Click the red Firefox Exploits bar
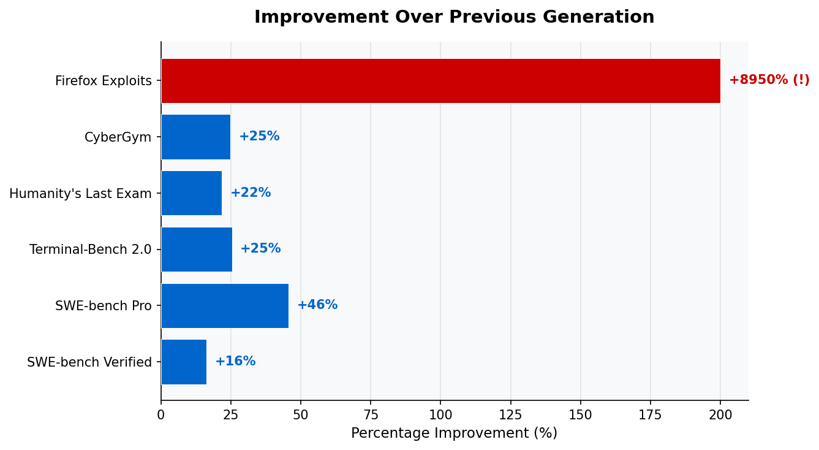click(440, 81)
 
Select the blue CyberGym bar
click(196, 137)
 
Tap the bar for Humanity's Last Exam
click(192, 193)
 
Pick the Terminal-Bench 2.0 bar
click(197, 249)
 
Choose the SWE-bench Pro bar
click(225, 305)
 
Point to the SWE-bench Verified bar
click(184, 362)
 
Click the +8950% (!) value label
click(769, 80)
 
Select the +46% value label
click(317, 305)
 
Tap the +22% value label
click(251, 193)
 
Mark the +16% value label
click(235, 361)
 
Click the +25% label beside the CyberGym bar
click(259, 136)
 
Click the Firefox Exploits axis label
click(104, 81)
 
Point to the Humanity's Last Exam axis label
click(80, 194)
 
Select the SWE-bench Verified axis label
click(89, 362)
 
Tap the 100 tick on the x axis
click(440, 415)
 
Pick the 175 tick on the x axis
click(651, 415)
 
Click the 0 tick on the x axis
click(161, 415)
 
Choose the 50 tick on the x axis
click(301, 415)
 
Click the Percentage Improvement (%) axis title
click(454, 433)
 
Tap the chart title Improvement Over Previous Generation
click(454, 17)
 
